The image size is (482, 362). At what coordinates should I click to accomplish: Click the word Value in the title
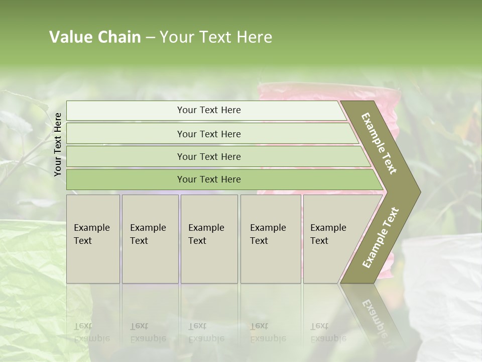[x=70, y=37]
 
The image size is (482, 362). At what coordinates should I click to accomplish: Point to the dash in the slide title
[x=150, y=38]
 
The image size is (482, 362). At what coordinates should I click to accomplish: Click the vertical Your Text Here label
[x=58, y=144]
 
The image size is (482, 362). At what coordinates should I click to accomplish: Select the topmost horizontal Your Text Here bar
[x=208, y=110]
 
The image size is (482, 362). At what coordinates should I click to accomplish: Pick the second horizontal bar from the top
[x=208, y=134]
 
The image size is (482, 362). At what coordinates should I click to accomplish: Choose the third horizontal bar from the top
[x=208, y=156]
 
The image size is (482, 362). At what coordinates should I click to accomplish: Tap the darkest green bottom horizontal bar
[x=208, y=179]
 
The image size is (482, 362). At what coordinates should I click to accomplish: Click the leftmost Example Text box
[x=93, y=239]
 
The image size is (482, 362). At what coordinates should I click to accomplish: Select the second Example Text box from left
[x=150, y=239]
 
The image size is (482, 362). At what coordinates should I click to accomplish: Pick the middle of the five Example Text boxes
[x=208, y=239]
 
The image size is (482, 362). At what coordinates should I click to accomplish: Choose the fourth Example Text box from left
[x=270, y=239]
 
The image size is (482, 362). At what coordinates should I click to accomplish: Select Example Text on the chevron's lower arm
[x=380, y=238]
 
